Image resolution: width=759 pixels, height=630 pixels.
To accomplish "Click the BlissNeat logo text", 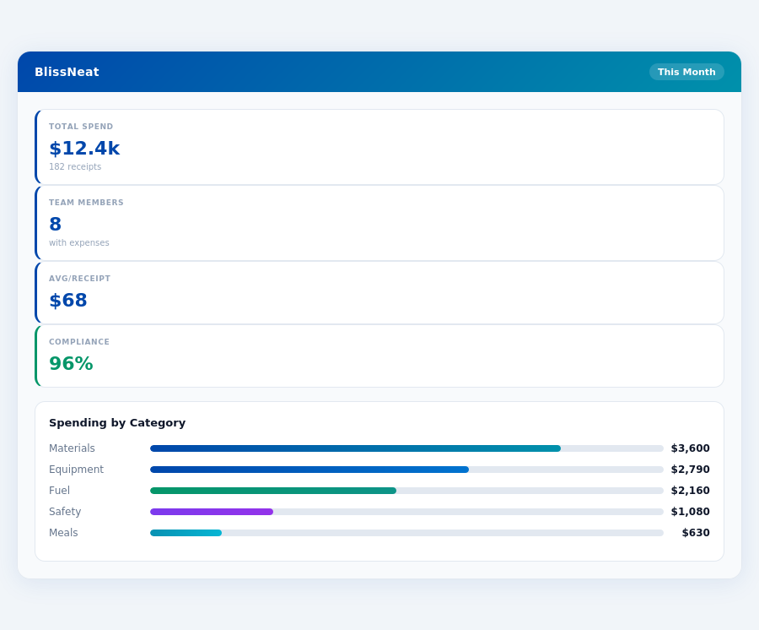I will tap(67, 72).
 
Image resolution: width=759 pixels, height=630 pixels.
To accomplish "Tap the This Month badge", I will tap(686, 72).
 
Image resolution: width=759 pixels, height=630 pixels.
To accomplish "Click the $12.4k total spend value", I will tap(84, 149).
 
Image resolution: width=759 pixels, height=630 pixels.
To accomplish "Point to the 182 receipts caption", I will tap(75, 167).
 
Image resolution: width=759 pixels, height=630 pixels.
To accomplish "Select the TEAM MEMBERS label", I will tap(86, 203).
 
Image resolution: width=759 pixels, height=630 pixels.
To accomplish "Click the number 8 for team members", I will tap(56, 225).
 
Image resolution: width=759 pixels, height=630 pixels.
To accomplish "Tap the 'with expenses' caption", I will tap(79, 243).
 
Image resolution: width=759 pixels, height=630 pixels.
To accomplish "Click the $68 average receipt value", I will tap(68, 301).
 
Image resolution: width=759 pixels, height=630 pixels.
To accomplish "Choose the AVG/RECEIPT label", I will tap(79, 279).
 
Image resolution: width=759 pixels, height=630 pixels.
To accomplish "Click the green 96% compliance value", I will tap(71, 364).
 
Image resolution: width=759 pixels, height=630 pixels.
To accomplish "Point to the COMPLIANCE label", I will tap(79, 342).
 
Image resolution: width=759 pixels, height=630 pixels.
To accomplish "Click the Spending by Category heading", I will tap(117, 423).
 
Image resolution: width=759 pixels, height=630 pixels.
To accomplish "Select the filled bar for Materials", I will tap(355, 448).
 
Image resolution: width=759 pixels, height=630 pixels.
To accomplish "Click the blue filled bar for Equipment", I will tap(310, 470).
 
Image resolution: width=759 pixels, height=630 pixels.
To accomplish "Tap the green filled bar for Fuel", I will tap(273, 491).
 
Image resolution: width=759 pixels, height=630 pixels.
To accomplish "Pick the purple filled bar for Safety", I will tap(212, 512).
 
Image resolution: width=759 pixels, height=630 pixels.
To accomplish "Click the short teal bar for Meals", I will tap(186, 533).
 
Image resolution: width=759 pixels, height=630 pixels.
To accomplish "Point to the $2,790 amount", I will tap(690, 470).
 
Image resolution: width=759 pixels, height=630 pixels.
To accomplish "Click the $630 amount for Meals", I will tap(695, 533).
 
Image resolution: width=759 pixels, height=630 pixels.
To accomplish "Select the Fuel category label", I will tap(59, 491).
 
